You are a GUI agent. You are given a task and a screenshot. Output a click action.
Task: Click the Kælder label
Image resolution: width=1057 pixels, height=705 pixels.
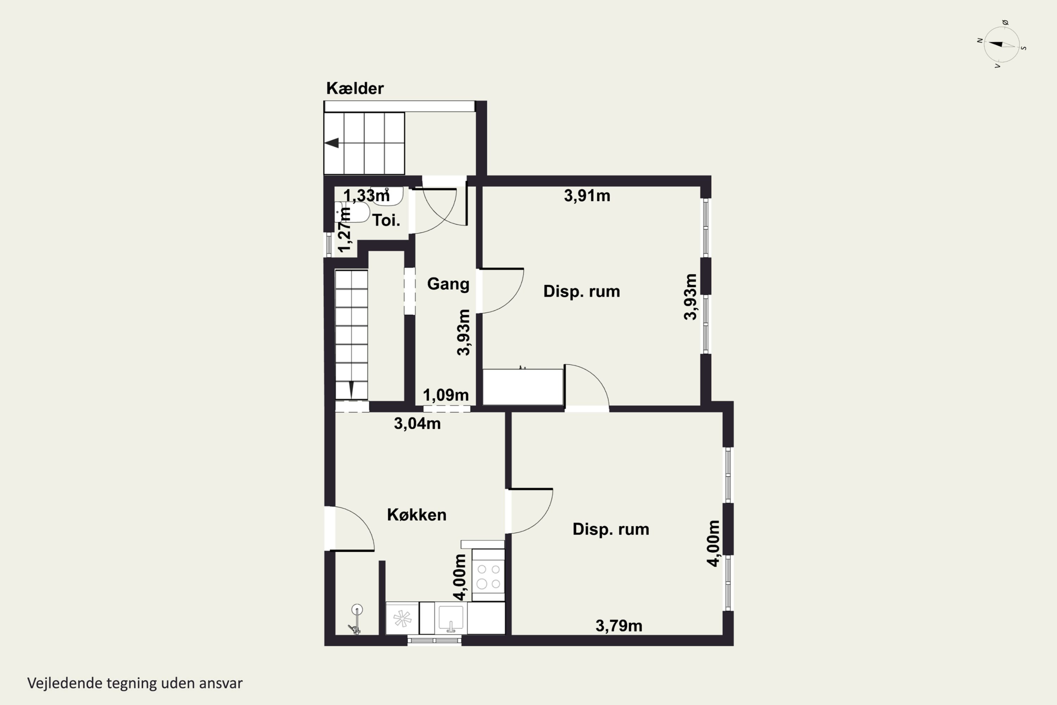pos(354,88)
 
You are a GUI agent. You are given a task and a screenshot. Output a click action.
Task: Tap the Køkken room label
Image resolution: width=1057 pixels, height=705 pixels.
pos(416,515)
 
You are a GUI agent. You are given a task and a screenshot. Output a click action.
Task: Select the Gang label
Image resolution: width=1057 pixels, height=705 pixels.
pos(448,284)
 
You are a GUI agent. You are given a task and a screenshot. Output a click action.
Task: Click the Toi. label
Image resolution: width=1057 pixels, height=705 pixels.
pos(386,220)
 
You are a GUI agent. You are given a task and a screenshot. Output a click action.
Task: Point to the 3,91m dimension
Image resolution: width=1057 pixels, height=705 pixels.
pos(587,196)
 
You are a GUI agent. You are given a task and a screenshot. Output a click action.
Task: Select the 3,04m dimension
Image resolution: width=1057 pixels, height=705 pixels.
pos(417,424)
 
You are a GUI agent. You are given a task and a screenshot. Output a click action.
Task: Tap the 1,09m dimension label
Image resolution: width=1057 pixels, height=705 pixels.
pos(446,395)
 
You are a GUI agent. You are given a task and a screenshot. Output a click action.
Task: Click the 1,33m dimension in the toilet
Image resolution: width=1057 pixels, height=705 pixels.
pos(366,196)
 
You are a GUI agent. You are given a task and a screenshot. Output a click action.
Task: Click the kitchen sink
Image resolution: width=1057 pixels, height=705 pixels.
pos(451,618)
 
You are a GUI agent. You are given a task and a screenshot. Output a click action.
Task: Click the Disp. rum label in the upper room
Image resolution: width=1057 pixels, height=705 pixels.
pos(582,292)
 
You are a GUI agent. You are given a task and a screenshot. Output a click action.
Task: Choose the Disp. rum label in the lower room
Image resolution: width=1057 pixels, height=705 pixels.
pos(611,529)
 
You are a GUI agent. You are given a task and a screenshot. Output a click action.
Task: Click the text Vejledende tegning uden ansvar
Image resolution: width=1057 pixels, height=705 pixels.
pos(135,683)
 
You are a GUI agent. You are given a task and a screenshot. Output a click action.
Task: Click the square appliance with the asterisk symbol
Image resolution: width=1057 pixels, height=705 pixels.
pos(402,618)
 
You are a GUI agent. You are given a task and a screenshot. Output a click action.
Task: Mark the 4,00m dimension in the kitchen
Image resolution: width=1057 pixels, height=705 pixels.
pos(460,577)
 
